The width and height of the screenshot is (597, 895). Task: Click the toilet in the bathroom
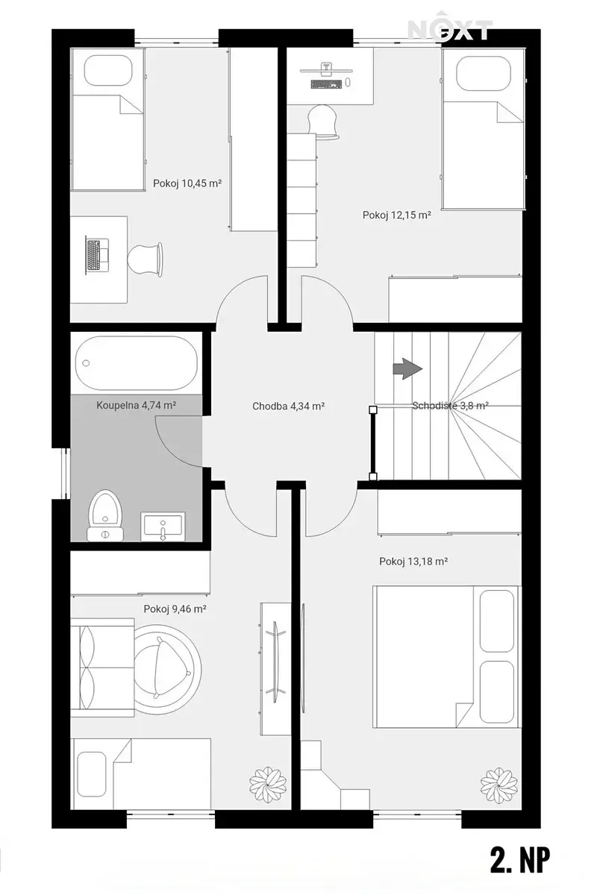click(x=105, y=515)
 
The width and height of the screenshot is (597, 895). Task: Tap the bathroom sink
click(x=163, y=527)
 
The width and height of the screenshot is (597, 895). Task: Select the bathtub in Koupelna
click(x=137, y=362)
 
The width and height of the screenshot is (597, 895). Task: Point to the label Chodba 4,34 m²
click(x=288, y=406)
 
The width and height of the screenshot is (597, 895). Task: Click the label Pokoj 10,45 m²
click(x=187, y=183)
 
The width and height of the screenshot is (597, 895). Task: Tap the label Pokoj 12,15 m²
click(x=397, y=215)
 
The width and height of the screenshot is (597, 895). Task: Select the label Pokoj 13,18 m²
click(x=413, y=562)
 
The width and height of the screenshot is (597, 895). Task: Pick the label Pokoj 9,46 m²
click(x=175, y=609)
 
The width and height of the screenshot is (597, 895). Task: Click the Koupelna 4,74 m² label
click(x=137, y=405)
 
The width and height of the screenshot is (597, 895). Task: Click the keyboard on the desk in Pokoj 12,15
click(x=326, y=84)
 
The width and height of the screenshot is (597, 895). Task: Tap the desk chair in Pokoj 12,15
click(x=323, y=122)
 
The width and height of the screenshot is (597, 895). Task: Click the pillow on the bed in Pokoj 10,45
click(x=108, y=70)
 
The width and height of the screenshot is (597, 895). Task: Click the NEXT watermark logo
click(x=449, y=29)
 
